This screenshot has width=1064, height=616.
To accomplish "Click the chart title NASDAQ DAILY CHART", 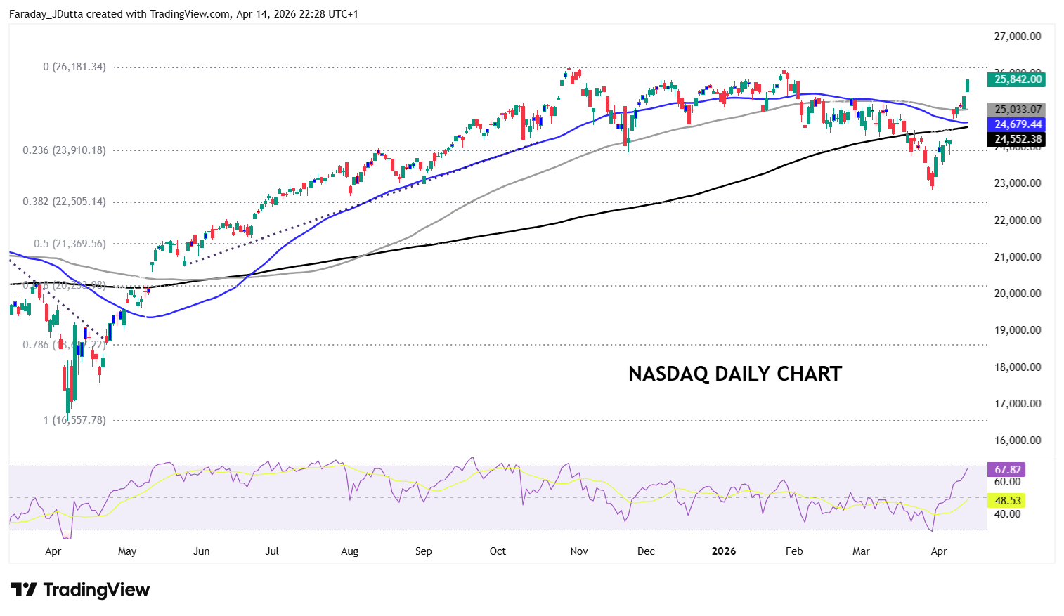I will coord(734,374).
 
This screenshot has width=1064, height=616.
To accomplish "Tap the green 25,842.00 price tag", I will coord(1016,79).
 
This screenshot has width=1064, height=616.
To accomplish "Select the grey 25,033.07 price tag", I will coord(1016,110).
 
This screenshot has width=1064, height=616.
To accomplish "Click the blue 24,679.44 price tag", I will coord(1016,124).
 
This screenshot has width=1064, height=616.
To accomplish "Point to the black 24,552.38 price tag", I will coord(1016,139).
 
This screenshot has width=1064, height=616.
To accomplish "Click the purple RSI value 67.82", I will coord(1007,469).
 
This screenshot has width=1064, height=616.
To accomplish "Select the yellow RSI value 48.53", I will coord(1007,500).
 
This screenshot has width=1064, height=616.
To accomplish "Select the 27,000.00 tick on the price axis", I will coord(1017,37).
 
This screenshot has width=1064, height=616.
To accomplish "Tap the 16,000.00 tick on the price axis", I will coord(1017,440).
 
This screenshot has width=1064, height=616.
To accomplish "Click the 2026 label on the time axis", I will coord(724,551).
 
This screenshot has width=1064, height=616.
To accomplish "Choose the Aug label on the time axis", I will coord(349,551).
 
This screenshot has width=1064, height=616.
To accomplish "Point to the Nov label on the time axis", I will coord(579,551).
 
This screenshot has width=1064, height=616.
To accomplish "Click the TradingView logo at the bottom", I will coord(80,589).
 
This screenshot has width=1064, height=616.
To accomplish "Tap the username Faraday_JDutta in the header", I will coord(46,14).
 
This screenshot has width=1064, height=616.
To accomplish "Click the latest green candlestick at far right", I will coord(968,85).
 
